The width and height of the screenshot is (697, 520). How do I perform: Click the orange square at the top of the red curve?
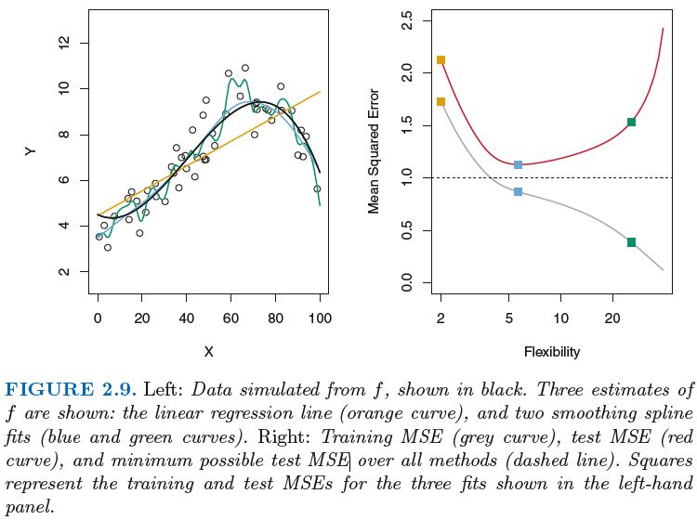[x=441, y=60]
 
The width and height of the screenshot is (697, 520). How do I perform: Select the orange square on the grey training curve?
[x=441, y=101]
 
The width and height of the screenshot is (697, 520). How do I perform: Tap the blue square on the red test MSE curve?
[x=518, y=164]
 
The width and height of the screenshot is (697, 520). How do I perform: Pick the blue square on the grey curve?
[x=518, y=191]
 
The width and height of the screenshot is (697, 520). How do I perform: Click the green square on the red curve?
[x=631, y=122]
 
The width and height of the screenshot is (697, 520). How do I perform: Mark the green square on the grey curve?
[x=631, y=242]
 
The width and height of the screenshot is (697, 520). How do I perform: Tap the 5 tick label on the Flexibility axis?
[x=509, y=318]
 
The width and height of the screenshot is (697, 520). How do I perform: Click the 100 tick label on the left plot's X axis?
[x=320, y=318]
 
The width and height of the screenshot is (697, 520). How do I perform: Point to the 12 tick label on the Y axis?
[x=64, y=43]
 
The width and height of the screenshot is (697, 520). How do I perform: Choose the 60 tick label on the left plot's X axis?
[x=230, y=318]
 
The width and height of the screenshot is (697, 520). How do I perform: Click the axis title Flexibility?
[x=552, y=352]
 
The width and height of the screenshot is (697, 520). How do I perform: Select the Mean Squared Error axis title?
[x=375, y=151]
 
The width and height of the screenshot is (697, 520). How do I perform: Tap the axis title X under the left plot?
[x=208, y=352]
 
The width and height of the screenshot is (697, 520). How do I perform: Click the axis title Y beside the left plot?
[x=31, y=151]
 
